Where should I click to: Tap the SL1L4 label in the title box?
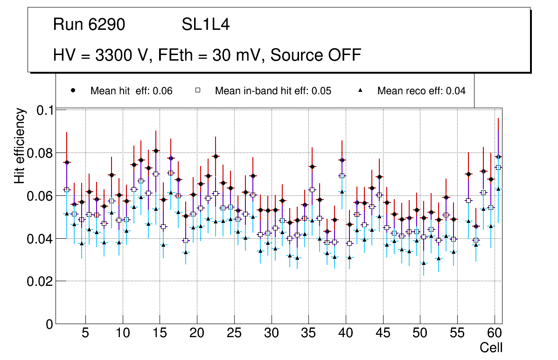[x=205, y=25]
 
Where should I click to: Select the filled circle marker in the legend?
[x=73, y=90]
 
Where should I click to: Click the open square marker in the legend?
[x=197, y=90]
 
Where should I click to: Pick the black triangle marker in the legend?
[x=360, y=90]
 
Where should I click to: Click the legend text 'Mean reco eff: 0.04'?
[x=421, y=91]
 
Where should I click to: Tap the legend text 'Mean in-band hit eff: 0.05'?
[x=273, y=91]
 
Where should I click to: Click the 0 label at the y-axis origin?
[x=49, y=324]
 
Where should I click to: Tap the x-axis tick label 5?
[x=85, y=334]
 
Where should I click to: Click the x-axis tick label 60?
[x=494, y=334]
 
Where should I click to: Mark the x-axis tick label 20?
[x=196, y=334]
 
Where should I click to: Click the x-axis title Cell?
[x=491, y=347]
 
